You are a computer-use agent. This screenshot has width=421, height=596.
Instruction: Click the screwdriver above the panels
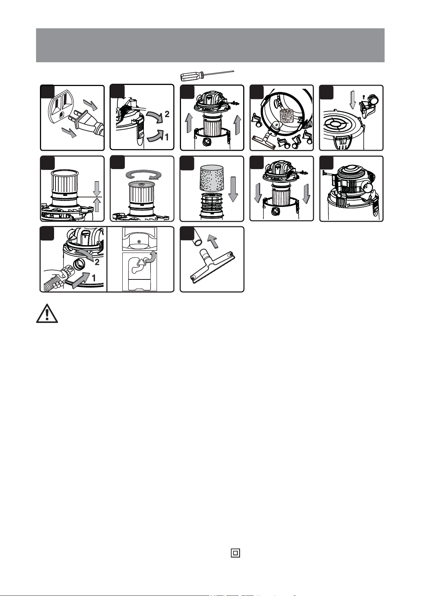(x=207, y=75)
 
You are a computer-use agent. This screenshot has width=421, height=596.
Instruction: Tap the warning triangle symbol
(x=47, y=313)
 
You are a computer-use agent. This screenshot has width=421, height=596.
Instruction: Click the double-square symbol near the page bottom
(x=235, y=553)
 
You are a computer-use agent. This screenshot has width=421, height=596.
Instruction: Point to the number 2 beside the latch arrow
(x=167, y=114)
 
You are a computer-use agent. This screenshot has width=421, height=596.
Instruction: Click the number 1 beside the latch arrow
(x=166, y=137)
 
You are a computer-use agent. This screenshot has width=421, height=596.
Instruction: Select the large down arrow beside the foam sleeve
(x=233, y=190)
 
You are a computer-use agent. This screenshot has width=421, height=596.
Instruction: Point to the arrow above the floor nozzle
(x=213, y=241)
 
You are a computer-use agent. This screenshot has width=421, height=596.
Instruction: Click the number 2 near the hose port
(x=97, y=262)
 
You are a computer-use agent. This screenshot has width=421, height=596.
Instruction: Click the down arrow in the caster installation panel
(x=352, y=99)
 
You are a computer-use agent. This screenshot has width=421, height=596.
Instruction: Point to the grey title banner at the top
(x=210, y=45)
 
